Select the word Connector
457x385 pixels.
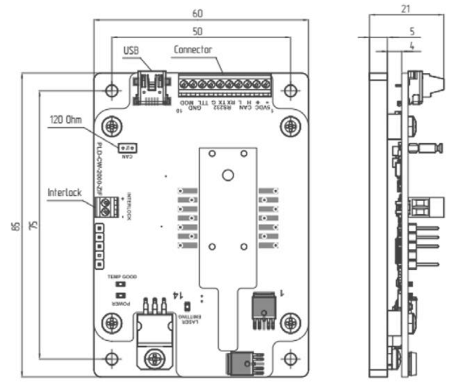tap(193, 50)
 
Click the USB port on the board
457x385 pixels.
tap(152, 88)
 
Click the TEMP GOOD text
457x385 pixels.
tap(122, 277)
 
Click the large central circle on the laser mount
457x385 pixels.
tap(227, 175)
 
